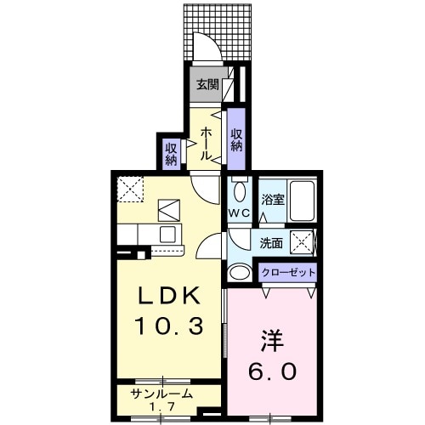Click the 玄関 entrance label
coord(206,84)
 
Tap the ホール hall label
coord(207,144)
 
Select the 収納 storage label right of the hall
coord(236,139)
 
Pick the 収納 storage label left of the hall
coord(172,153)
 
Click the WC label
coord(238,213)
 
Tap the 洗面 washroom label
coord(272,241)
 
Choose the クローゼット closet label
coord(288,273)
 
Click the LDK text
coord(170,297)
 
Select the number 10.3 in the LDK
coord(169,326)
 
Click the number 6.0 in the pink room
coord(272,372)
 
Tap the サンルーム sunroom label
coord(161,393)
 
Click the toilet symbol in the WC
coord(239,188)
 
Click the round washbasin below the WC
coord(241,272)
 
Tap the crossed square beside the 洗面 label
coord(302,241)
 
